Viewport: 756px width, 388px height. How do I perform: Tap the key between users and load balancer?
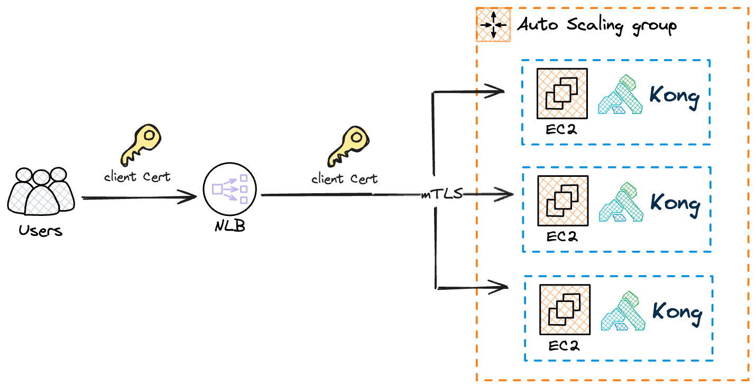(141, 144)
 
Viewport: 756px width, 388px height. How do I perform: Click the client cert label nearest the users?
(137, 177)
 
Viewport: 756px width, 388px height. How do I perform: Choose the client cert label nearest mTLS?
(345, 179)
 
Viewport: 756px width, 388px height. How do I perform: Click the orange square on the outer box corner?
(493, 24)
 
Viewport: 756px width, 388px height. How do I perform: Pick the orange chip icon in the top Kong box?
(562, 93)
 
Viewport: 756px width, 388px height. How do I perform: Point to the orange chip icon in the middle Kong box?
(563, 201)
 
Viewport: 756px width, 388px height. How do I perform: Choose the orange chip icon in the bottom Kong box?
(565, 309)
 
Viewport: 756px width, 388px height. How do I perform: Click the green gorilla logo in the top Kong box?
(621, 95)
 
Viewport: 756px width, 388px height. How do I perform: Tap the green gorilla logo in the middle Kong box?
(622, 202)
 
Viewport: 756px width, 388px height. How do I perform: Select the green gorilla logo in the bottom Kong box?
(624, 311)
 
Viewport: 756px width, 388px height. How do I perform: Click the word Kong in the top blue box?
(674, 96)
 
